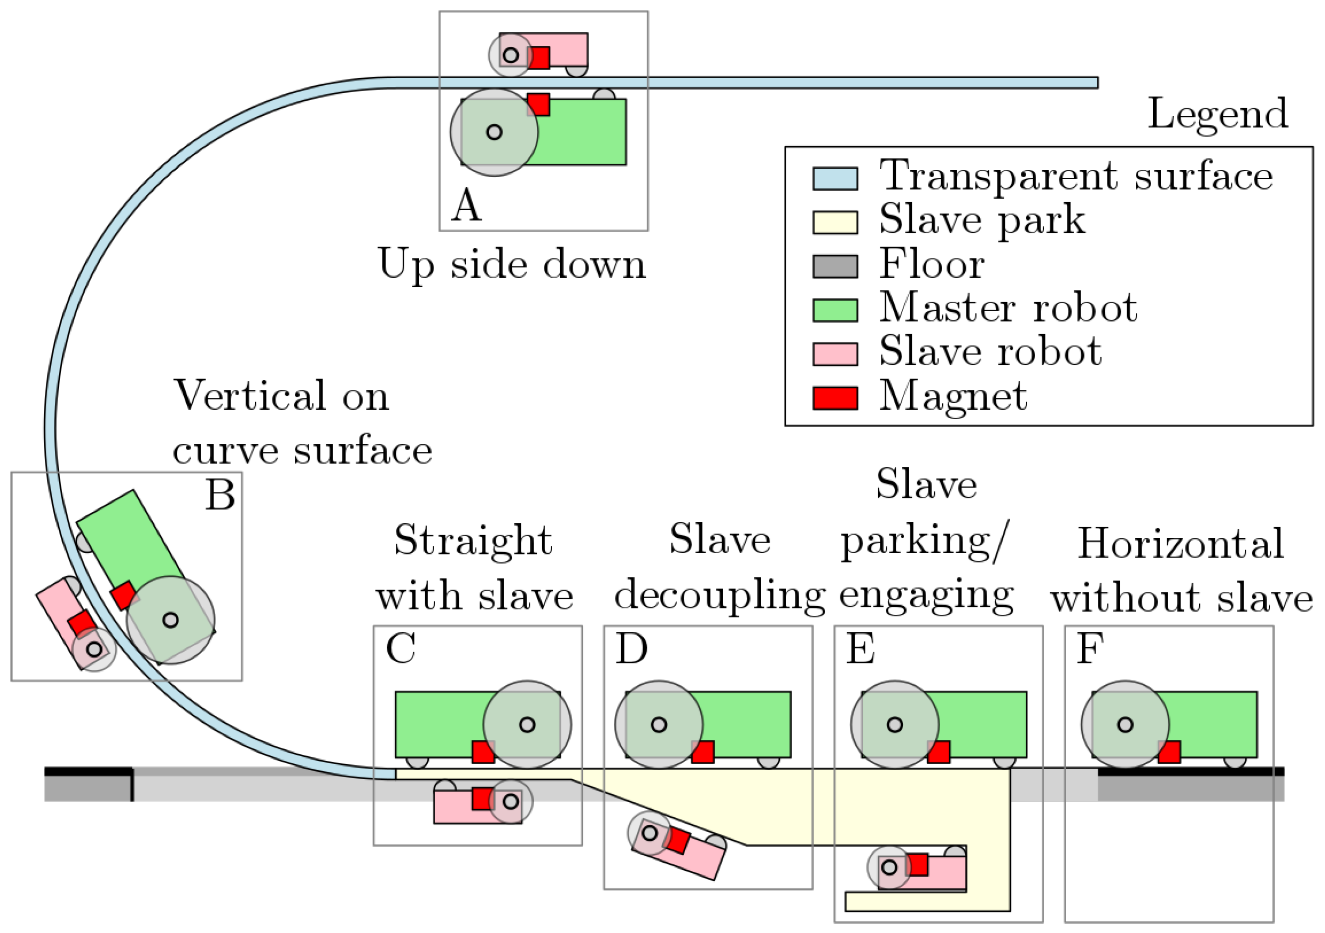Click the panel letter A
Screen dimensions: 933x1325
466,206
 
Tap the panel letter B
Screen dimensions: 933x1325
220,495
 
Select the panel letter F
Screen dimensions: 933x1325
1090,649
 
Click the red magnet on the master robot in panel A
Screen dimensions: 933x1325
538,105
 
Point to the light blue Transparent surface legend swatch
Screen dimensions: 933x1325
835,178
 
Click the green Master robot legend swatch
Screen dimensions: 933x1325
835,310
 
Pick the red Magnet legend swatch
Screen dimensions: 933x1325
835,398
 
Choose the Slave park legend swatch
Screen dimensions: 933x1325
835,222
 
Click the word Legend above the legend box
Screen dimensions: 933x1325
1217,114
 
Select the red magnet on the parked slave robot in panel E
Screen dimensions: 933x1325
918,864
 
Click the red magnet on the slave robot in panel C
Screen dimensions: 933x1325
482,799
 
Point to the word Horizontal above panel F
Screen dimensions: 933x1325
1181,544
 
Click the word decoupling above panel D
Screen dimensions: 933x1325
719,595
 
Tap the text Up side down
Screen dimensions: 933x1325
511,264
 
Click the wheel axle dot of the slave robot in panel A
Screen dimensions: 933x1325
511,55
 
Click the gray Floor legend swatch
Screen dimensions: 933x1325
835,266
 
